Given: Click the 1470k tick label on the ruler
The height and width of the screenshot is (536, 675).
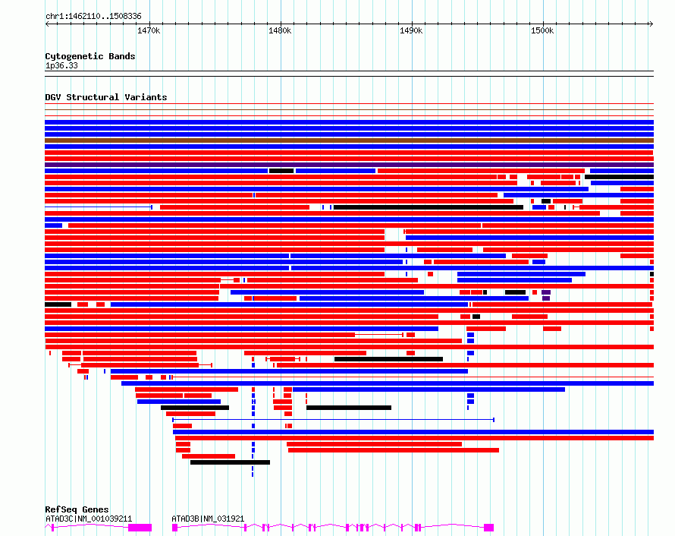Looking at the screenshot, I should point(149,30).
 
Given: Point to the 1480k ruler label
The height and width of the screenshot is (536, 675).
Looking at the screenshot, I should point(280,30).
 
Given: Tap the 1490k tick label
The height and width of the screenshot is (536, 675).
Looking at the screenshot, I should point(411,30).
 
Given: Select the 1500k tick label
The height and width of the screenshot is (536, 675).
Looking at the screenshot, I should point(542,30).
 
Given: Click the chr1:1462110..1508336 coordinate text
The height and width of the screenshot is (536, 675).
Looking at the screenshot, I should point(93,16).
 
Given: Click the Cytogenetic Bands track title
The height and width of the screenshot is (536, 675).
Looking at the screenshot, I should point(89,56).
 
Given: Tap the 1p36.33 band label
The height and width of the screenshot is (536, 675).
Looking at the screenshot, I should point(61,65).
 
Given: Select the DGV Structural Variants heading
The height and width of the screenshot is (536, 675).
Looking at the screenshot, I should point(105,97).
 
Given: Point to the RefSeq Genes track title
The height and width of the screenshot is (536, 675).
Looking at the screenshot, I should point(77,509).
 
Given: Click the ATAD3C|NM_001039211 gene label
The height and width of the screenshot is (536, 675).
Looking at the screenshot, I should point(89,519).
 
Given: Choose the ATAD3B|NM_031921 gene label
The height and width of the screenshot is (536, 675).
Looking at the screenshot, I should point(208,519).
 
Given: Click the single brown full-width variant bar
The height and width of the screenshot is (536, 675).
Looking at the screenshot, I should point(349,140).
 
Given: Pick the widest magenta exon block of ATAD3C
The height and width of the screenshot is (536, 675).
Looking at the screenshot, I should point(140,527).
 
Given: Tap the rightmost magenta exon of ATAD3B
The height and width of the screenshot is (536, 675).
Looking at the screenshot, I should point(489,527).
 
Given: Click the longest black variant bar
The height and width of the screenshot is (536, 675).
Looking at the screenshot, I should point(429,207).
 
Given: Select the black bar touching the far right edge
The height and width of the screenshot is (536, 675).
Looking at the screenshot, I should point(619,177).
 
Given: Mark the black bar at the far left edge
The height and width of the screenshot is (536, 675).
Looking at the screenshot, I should point(58,304).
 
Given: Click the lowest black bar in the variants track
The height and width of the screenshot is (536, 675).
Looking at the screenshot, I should point(230,462).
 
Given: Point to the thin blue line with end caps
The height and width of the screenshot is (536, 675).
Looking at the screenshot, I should point(333,419).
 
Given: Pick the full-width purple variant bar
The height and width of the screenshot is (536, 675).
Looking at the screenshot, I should point(349,165).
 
